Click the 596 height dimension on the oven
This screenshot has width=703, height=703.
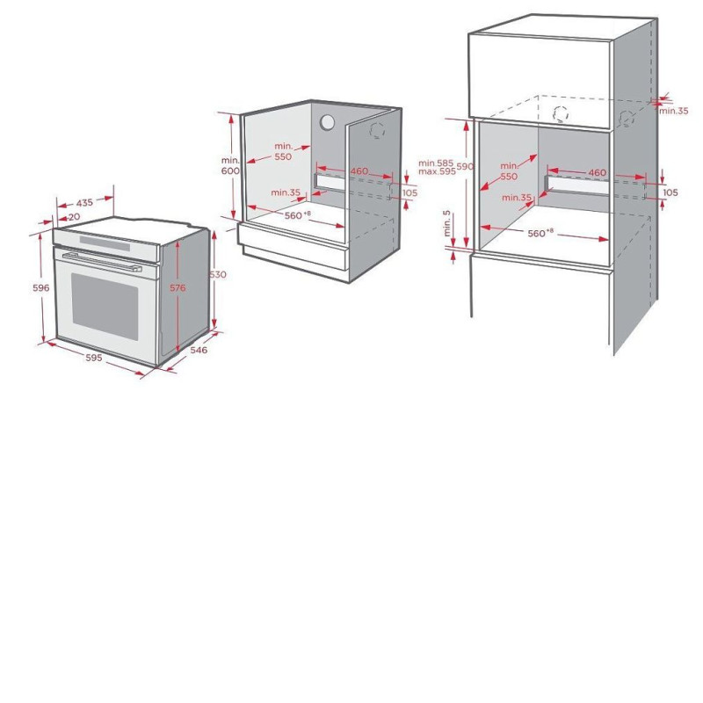[40, 288]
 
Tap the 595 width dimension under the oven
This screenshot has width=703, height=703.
[94, 358]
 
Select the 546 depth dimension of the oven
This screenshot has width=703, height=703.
[199, 350]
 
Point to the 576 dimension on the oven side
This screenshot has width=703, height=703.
[178, 288]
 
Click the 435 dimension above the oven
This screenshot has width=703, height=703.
[84, 203]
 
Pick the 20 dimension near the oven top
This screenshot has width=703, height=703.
[75, 217]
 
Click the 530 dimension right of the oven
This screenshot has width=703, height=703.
[218, 274]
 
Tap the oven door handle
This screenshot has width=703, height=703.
[102, 262]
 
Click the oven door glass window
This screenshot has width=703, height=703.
[105, 301]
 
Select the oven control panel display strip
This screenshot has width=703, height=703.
[105, 243]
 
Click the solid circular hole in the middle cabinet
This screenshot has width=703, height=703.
[327, 122]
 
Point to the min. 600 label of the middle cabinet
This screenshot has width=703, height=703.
[230, 165]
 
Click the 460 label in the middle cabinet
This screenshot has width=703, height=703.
[359, 171]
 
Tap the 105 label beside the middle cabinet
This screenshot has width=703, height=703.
[409, 192]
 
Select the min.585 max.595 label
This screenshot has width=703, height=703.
[437, 167]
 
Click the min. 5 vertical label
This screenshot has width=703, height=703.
[447, 223]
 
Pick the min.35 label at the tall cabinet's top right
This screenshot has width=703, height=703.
[673, 111]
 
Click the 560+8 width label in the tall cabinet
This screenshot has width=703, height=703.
[540, 233]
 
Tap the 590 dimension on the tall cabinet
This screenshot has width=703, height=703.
[465, 167]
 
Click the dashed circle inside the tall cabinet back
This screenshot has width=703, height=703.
[561, 114]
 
